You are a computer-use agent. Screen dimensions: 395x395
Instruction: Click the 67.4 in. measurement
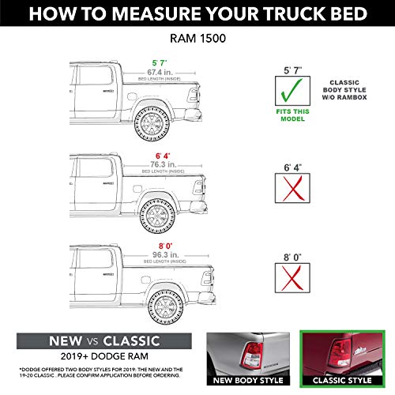164,71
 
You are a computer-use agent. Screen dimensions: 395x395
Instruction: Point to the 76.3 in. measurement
164,164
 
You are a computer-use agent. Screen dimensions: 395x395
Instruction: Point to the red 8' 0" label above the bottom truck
164,245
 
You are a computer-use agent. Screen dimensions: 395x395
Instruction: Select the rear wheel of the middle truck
158,213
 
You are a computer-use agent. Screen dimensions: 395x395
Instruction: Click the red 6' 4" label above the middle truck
164,153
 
